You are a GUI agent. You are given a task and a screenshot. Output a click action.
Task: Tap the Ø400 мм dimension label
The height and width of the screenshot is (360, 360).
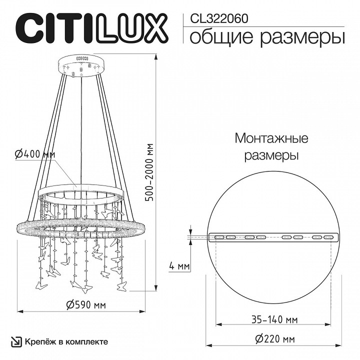click(35, 155)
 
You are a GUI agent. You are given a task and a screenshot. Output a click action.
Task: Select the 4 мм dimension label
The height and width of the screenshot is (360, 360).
click(179, 266)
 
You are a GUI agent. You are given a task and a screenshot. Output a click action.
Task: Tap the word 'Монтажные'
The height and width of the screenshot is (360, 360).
click(271, 138)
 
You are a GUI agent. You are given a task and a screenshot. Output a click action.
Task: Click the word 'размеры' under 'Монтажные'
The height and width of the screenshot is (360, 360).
click(271, 155)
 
